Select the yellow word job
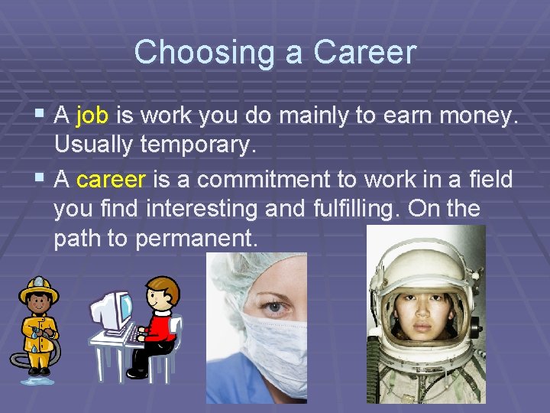click(x=93, y=115)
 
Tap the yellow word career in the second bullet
click(x=111, y=180)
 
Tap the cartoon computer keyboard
click(x=135, y=335)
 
